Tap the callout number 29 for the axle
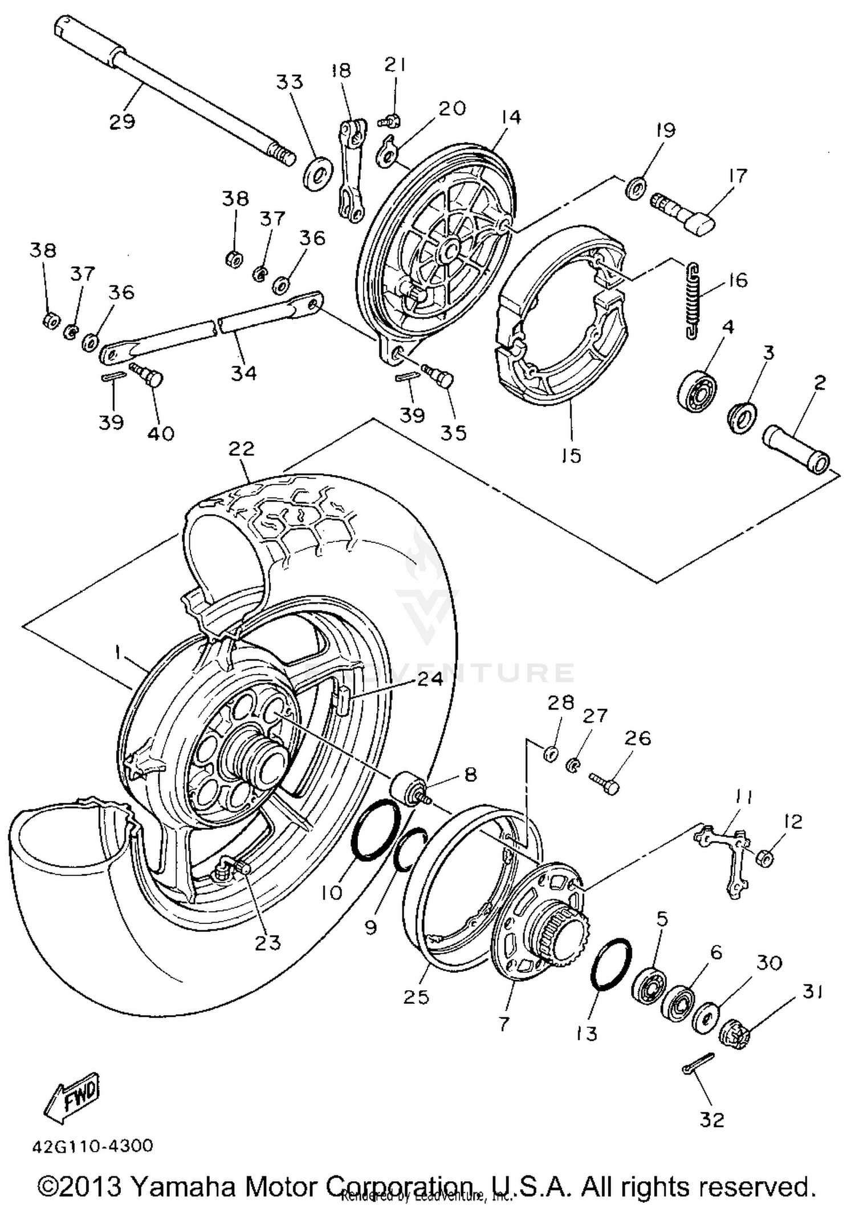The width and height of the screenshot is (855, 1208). (x=122, y=121)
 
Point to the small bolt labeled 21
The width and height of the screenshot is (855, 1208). (x=390, y=120)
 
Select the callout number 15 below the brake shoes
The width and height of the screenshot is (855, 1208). (x=571, y=455)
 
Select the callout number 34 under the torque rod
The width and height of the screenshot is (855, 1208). (x=244, y=373)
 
